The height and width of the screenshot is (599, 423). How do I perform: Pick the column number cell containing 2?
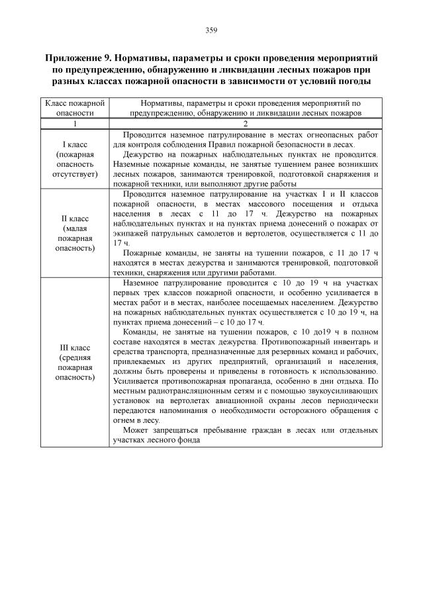(245, 124)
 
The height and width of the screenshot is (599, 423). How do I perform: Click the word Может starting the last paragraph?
(136, 430)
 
